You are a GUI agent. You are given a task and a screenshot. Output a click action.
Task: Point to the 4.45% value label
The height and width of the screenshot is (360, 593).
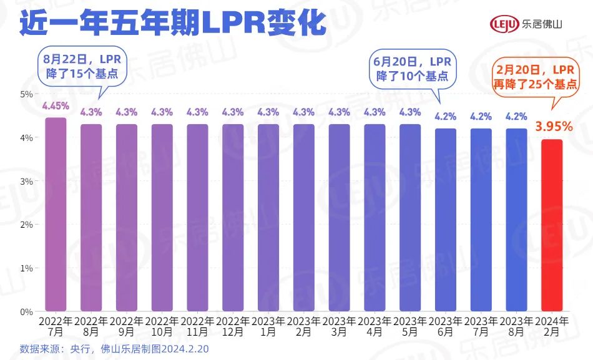coord(56,105)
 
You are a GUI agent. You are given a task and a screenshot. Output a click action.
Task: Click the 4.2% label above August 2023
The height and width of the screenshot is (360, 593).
coord(516,116)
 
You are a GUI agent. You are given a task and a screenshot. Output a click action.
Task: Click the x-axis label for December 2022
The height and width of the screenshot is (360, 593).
coord(233,326)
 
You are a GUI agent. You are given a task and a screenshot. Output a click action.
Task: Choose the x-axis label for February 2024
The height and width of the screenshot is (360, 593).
coord(552,326)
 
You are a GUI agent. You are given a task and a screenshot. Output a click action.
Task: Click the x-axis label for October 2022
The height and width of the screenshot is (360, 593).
coord(162,326)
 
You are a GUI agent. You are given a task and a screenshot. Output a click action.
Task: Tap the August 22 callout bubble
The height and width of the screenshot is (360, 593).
coord(82,65)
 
